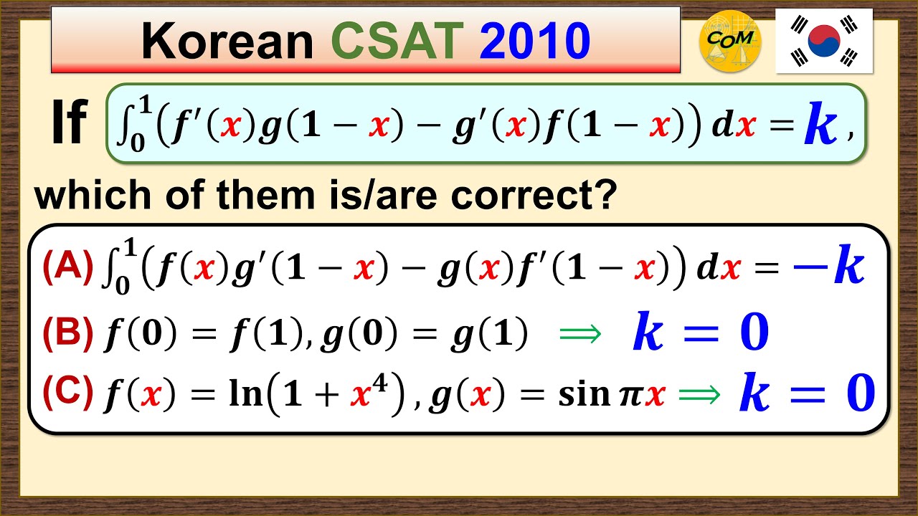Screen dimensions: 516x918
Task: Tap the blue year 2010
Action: pos(535,41)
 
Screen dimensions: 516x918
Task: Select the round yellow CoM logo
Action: pos(730,41)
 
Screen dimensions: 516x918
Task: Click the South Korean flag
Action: pos(824,41)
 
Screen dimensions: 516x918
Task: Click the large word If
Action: pos(69,123)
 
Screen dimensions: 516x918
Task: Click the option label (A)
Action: pos(67,267)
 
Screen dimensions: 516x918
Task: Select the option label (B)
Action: pos(67,332)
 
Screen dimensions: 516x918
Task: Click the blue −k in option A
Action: pos(828,267)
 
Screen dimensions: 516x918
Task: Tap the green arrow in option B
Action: pos(579,334)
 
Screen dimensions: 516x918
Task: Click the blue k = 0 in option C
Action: pos(807,393)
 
